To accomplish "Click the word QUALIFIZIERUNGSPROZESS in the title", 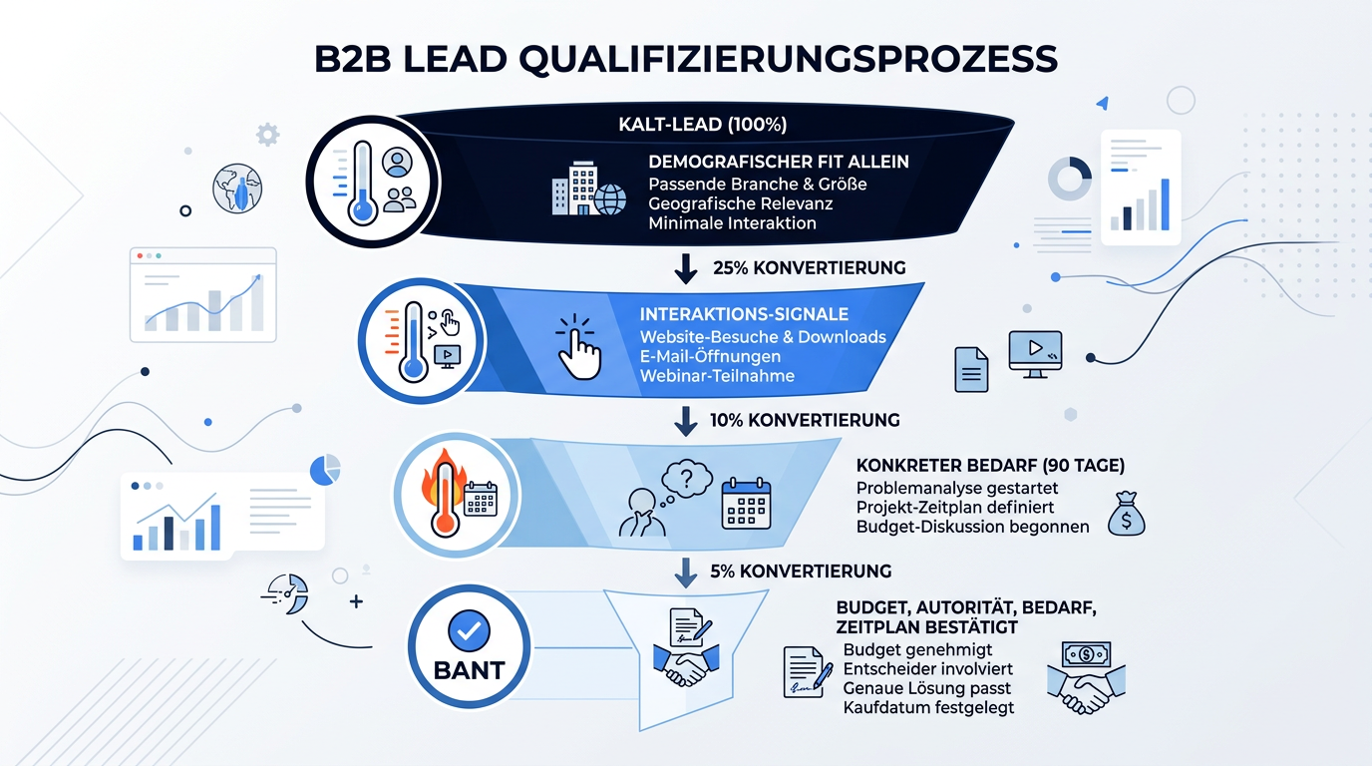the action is click(x=788, y=60).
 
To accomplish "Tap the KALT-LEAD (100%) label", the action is click(x=703, y=125).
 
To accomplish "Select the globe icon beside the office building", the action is click(x=610, y=199).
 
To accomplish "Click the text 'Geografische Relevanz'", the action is click(x=741, y=203).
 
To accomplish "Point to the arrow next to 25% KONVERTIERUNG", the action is click(x=685, y=268).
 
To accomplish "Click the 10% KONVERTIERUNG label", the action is click(x=805, y=420).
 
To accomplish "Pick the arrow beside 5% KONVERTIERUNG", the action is click(x=685, y=572).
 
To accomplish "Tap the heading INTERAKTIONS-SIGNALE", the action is click(x=744, y=314).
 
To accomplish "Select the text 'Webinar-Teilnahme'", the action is click(x=717, y=376).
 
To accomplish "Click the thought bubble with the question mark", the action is click(x=686, y=479).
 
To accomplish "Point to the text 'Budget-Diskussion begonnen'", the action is click(x=972, y=527).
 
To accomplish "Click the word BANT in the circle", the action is click(x=470, y=670).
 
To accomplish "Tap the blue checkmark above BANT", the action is click(x=470, y=630).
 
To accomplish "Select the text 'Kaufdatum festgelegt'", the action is click(x=928, y=708).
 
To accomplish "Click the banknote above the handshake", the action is click(x=1086, y=654).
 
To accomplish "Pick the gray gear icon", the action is click(x=267, y=135).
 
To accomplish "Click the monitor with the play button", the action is click(x=1035, y=354).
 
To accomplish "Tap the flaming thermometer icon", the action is click(x=444, y=494).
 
